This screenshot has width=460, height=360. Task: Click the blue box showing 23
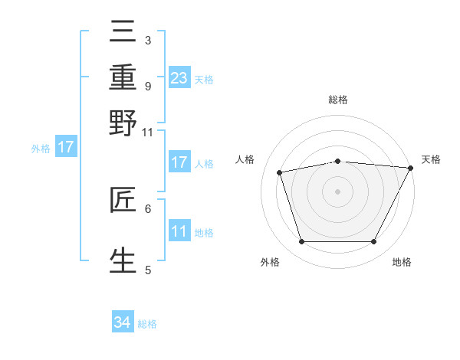click(179, 77)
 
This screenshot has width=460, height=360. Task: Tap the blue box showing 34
click(122, 322)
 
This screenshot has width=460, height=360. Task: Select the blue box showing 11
click(179, 231)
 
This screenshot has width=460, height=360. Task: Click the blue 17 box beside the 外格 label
click(65, 147)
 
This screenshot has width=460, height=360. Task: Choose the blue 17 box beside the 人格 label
click(179, 162)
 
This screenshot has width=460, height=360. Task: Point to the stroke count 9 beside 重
click(148, 85)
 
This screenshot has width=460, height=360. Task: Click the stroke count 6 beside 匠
click(148, 208)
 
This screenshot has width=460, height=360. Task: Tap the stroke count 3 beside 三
click(148, 40)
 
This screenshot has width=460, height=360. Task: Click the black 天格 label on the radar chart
click(432, 159)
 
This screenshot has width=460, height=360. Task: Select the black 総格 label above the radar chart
click(338, 100)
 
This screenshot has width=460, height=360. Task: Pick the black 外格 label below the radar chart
click(270, 263)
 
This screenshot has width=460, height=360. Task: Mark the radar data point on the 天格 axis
click(411, 168)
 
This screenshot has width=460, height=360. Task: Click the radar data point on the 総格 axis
click(338, 161)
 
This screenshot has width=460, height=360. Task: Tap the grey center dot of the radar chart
click(338, 191)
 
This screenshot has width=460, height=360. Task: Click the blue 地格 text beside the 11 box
click(204, 232)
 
